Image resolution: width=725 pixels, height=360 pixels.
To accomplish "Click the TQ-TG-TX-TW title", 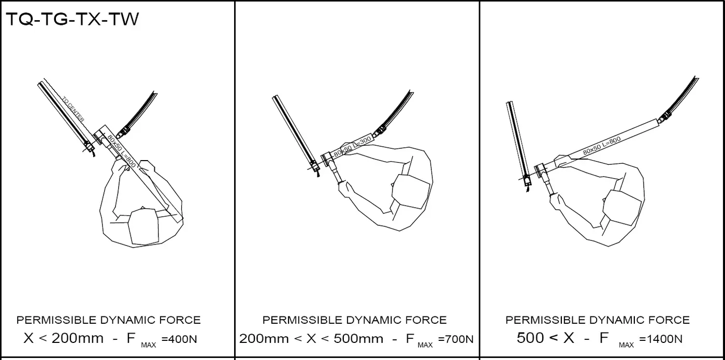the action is [72, 19].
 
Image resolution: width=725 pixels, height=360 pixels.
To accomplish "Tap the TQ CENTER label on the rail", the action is [73, 109].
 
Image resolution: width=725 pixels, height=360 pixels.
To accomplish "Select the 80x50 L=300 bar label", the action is [353, 146].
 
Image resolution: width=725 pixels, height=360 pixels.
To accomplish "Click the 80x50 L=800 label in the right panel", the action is [602, 146].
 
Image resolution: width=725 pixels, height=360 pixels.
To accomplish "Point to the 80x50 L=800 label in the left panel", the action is [122, 151].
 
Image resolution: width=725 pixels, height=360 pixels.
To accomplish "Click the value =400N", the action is [179, 339].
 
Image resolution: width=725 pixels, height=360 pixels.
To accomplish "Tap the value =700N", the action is [456, 339].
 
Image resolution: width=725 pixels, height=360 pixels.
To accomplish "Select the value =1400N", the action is [661, 339].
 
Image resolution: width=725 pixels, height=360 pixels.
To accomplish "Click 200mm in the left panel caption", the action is [77, 338].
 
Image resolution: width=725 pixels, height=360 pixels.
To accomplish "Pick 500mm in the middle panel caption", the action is [358, 339].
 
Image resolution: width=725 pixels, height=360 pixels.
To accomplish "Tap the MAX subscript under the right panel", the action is [626, 345].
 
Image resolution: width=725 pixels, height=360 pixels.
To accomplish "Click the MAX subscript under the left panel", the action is [149, 345].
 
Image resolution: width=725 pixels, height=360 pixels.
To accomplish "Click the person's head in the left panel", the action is [143, 227].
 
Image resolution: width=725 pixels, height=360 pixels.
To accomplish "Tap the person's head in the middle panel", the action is [411, 191].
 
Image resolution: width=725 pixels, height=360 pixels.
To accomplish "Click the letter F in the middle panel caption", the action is [410, 338].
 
